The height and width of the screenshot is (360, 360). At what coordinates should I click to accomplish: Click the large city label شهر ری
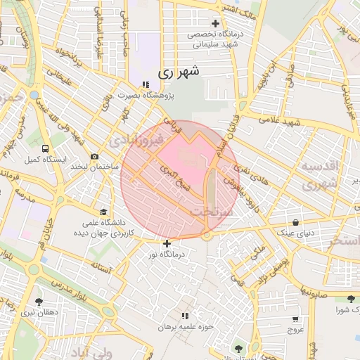(x=179, y=71)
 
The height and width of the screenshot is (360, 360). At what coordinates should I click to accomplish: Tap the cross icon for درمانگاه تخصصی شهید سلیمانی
(x=217, y=23)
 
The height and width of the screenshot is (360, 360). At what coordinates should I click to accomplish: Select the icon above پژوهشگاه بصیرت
(x=146, y=84)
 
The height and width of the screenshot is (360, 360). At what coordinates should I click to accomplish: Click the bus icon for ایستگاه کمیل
(x=45, y=148)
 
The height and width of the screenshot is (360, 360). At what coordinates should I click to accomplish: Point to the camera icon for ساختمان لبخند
(x=95, y=156)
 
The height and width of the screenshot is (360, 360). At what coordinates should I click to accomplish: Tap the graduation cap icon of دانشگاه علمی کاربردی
(x=104, y=212)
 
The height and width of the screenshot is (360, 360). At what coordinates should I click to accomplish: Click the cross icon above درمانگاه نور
(x=167, y=243)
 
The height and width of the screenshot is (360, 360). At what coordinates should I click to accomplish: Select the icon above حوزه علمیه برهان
(x=185, y=316)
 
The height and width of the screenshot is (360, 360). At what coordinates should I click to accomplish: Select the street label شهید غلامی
(x=279, y=120)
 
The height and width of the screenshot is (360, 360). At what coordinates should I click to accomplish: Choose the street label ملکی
(x=259, y=250)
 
